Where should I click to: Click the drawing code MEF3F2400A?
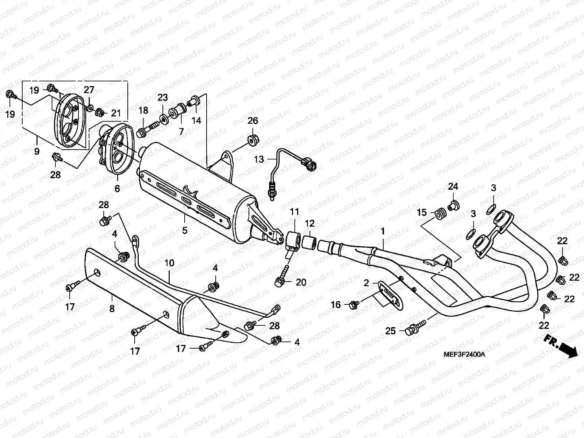(x=464, y=354)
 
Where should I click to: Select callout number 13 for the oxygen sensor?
(x=259, y=159)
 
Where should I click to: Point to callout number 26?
(x=253, y=121)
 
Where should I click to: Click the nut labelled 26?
(x=252, y=140)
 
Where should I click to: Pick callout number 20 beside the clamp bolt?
(x=301, y=283)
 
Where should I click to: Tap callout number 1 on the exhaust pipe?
(x=383, y=231)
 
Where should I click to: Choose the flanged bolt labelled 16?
(x=354, y=304)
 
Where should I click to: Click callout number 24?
(x=453, y=187)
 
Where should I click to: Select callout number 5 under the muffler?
(x=185, y=231)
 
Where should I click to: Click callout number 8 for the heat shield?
(x=112, y=308)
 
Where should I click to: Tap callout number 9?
(x=37, y=151)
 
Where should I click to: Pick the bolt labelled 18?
(x=148, y=129)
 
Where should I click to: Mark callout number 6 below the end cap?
(x=117, y=189)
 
